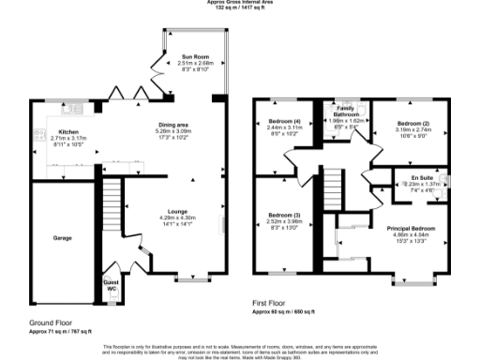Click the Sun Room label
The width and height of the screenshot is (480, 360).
coord(195,57)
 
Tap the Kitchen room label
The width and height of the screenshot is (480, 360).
coord(69,132)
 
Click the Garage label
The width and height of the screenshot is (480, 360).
coord(62,238)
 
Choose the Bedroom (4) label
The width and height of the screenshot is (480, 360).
coord(286,122)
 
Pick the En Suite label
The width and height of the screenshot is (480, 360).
coord(419,177)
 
